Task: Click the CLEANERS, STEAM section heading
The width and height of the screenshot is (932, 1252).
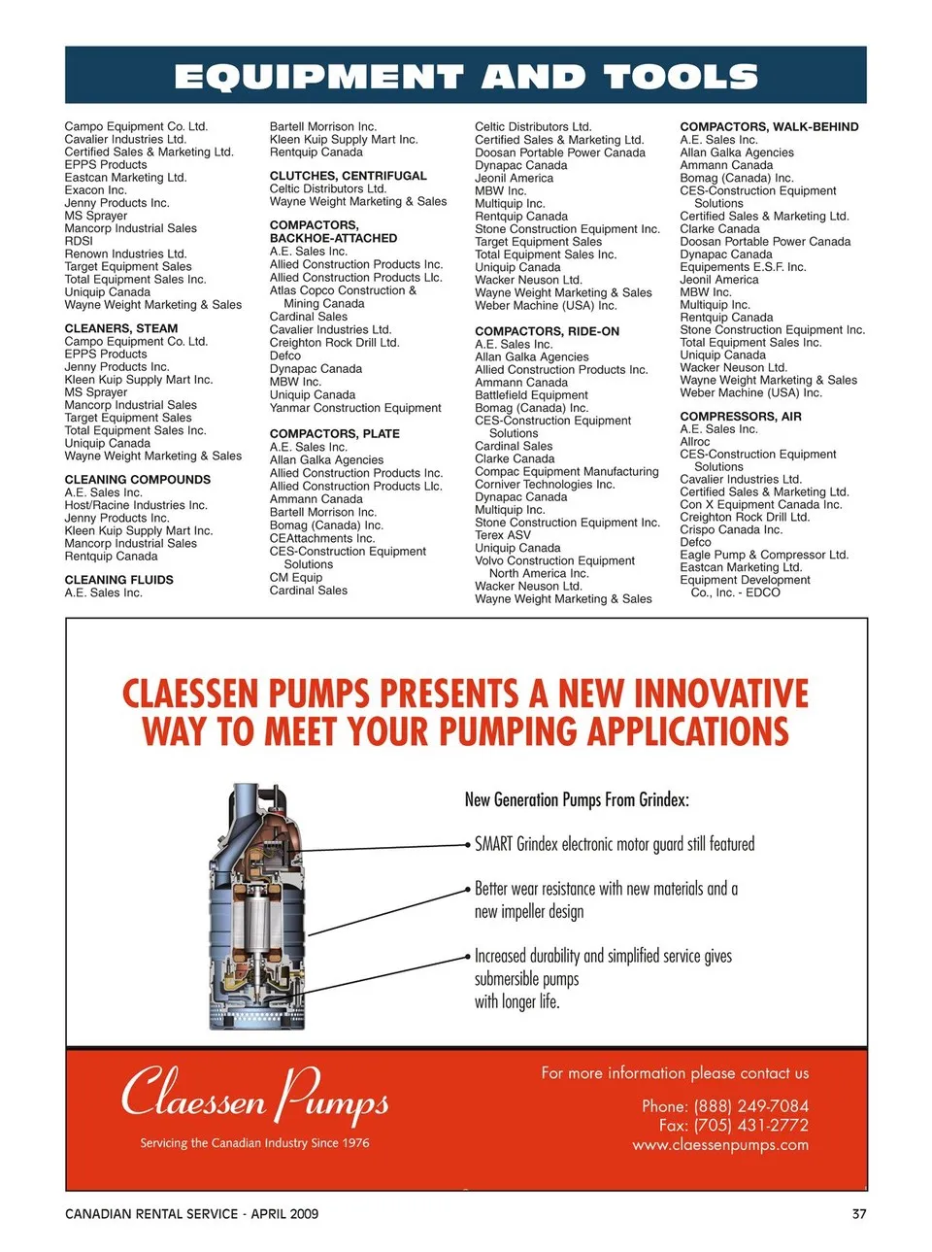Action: (121, 328)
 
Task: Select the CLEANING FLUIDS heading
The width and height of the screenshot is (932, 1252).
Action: (119, 580)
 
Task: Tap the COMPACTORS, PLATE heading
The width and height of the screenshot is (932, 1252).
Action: (335, 434)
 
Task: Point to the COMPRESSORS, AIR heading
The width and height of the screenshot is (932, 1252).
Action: (741, 417)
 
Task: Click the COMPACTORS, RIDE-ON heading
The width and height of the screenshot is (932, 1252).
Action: (547, 331)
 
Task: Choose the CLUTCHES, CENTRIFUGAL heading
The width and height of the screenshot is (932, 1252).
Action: (349, 176)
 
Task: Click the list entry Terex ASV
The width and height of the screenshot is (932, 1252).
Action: (503, 535)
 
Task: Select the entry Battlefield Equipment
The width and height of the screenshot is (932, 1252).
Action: (531, 395)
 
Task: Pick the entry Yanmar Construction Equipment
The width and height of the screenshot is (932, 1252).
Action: (355, 408)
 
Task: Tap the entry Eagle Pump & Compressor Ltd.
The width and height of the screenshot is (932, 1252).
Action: (764, 555)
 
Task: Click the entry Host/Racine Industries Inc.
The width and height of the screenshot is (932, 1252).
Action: (136, 505)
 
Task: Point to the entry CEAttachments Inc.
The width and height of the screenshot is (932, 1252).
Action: (322, 538)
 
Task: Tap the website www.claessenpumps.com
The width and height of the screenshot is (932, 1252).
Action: (720, 1145)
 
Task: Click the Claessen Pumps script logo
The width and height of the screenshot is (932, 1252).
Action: (255, 1096)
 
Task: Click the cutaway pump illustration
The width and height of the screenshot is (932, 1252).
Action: (261, 905)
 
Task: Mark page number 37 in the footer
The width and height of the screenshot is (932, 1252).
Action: (858, 1214)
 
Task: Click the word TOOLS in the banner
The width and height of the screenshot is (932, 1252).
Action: (681, 77)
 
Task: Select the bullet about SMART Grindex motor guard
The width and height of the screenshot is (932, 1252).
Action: (615, 845)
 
